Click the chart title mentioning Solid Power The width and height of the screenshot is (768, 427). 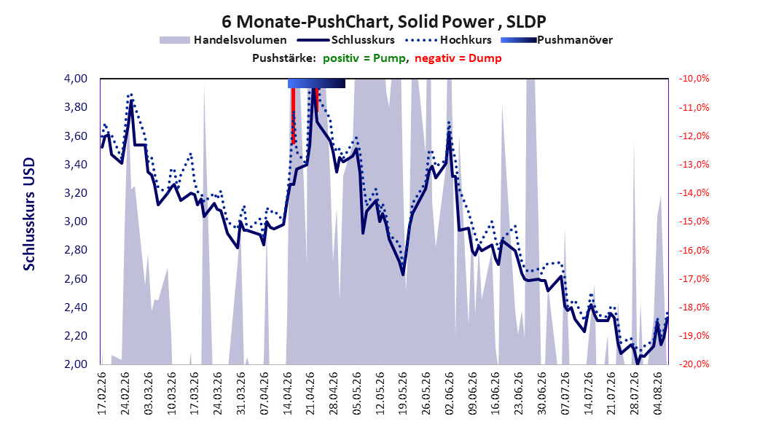point(383,22)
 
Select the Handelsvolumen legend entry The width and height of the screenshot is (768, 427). point(224,40)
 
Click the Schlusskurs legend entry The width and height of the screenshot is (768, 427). point(346,40)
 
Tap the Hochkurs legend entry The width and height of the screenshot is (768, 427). point(448,40)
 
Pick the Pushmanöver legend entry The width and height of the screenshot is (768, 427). point(557,40)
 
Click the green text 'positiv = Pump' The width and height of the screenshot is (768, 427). point(364,58)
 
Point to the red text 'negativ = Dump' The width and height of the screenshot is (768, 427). point(458,58)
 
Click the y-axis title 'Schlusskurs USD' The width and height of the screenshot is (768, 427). point(29,213)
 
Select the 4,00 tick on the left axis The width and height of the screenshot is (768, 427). point(76,79)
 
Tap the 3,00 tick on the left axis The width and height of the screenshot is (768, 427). point(76,222)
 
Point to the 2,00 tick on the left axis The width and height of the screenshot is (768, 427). point(76,364)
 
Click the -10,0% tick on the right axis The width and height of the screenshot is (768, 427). point(694,79)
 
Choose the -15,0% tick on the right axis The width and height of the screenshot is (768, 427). point(694,222)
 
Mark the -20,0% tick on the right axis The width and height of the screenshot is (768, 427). point(694,364)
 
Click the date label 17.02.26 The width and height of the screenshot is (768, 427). point(102,393)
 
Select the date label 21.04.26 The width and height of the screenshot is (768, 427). point(310,393)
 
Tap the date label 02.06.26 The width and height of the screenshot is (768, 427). point(449,393)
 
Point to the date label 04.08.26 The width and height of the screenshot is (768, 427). point(657,393)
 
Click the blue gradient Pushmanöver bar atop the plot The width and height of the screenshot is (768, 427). point(316,83)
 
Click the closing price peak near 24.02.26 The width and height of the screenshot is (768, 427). point(131,101)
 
